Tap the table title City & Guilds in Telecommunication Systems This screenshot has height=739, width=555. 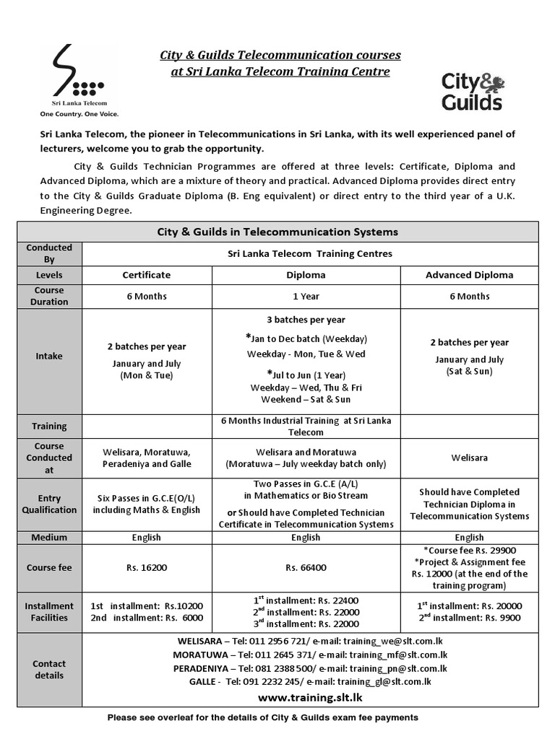(x=277, y=232)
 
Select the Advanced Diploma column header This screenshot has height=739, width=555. (x=469, y=275)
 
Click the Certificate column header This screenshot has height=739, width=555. (x=147, y=275)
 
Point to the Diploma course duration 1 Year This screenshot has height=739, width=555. (x=306, y=296)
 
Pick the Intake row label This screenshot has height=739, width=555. (x=49, y=356)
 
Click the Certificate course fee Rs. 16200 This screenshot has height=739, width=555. (x=147, y=568)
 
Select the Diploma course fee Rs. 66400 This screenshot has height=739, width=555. (x=306, y=568)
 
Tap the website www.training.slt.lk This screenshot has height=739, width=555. (x=310, y=697)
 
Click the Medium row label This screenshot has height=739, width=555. (x=49, y=537)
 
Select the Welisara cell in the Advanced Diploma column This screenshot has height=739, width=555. (x=469, y=458)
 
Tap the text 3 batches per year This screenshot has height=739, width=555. (x=306, y=320)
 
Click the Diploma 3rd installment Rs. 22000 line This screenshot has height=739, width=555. (x=306, y=624)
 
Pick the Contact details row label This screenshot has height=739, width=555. (x=49, y=669)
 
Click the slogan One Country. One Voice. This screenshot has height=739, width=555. (x=79, y=114)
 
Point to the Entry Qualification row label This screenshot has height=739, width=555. (x=49, y=504)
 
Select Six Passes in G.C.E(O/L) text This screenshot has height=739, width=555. (x=147, y=498)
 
